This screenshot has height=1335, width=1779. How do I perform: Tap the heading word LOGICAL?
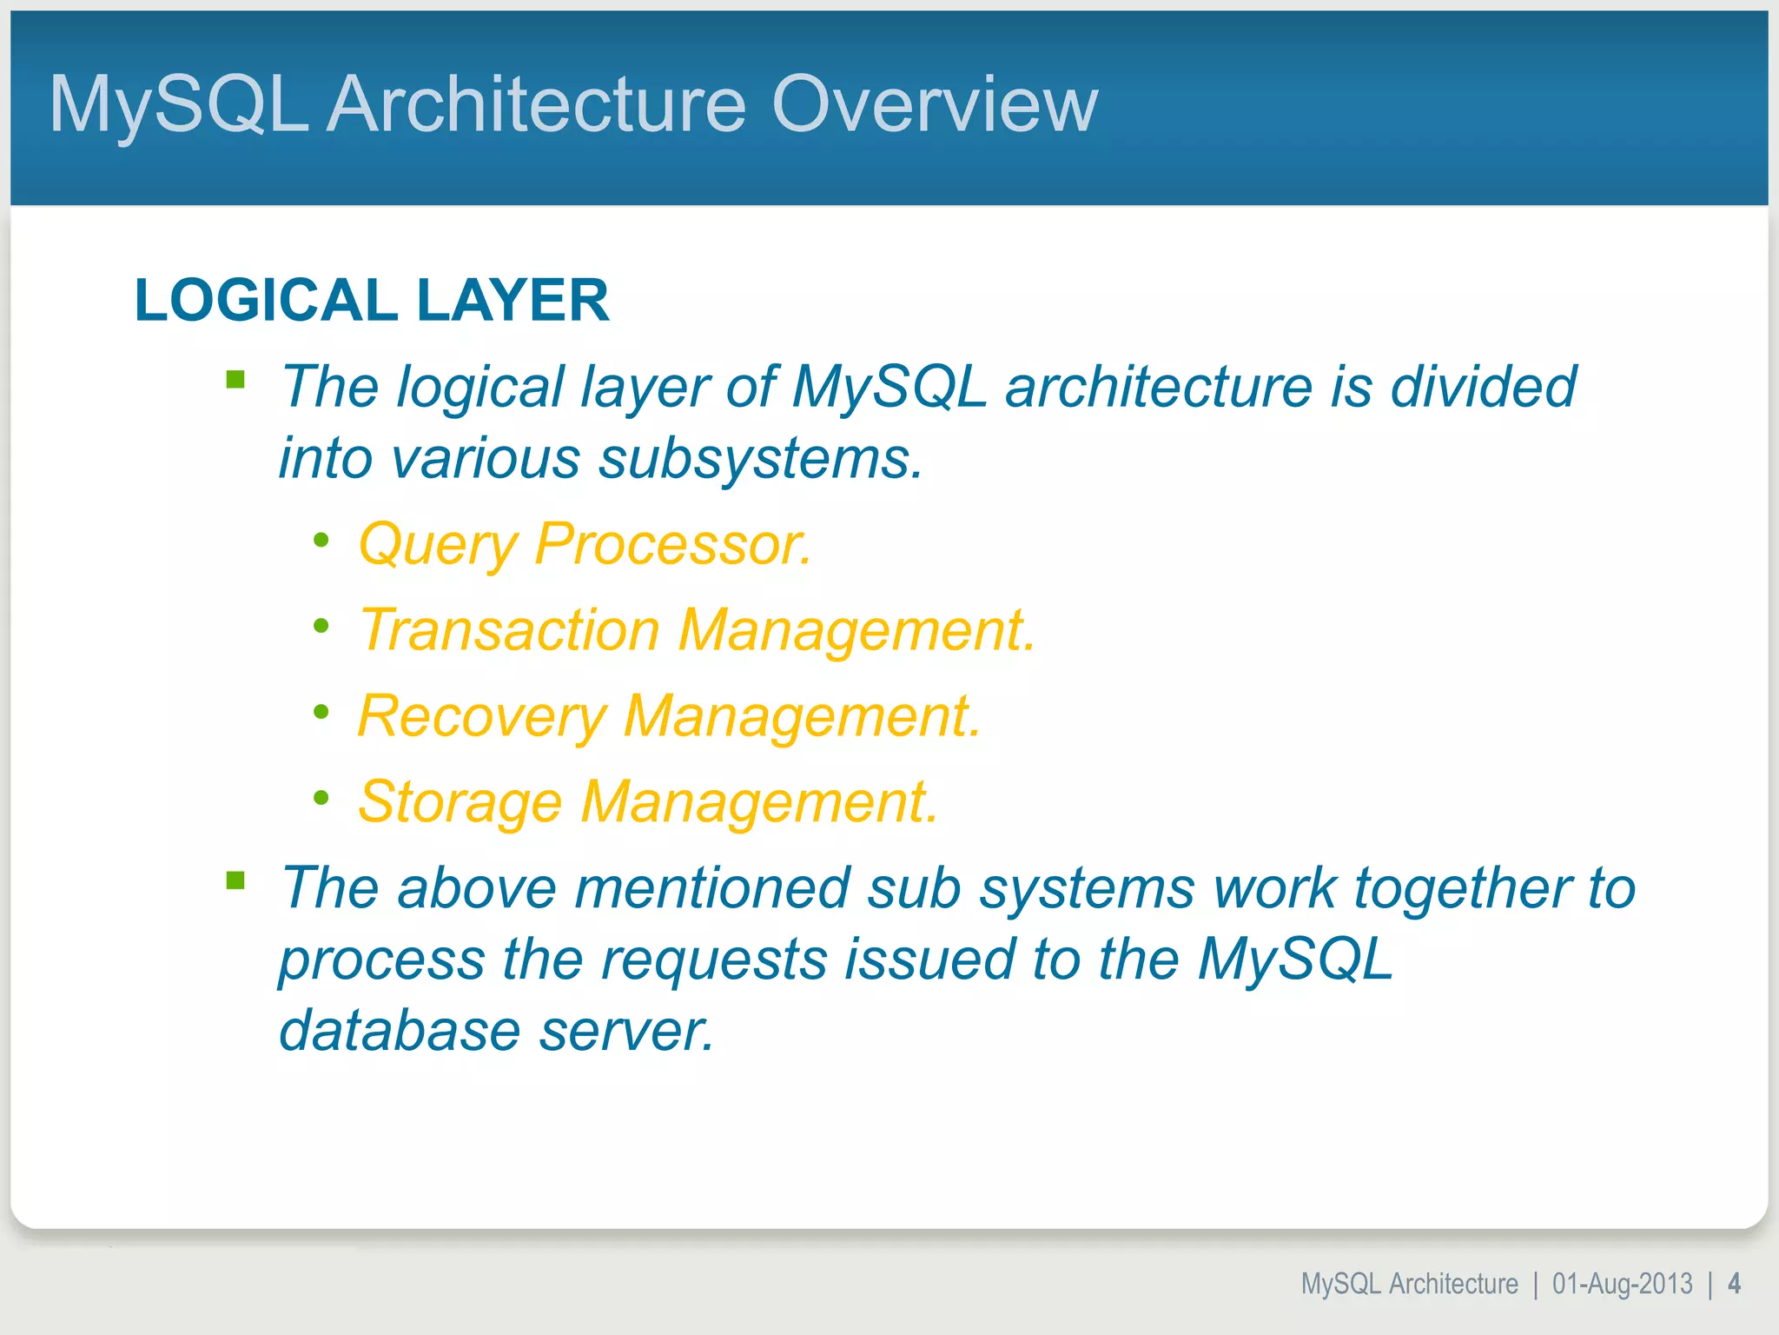click(266, 301)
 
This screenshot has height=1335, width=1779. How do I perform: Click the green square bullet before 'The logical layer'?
click(235, 380)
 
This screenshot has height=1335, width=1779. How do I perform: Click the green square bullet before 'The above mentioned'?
click(235, 881)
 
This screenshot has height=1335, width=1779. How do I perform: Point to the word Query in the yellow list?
click(438, 545)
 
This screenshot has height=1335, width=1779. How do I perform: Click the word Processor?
click(672, 545)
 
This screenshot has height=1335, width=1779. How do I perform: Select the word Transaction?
click(510, 629)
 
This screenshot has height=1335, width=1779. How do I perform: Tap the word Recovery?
click(481, 716)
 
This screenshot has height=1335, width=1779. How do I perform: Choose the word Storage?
click(460, 802)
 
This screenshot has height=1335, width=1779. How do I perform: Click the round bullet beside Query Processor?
click(321, 541)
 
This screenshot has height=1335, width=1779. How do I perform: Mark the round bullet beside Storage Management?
click(321, 797)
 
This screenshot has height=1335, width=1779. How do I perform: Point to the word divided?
click(1483, 387)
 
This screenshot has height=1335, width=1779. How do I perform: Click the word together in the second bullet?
click(1463, 890)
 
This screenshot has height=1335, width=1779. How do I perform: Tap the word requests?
click(714, 960)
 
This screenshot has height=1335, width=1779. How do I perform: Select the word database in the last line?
click(400, 1031)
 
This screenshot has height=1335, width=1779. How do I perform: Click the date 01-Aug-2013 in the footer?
click(1622, 1284)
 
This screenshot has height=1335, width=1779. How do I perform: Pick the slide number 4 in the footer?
click(1734, 1284)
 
